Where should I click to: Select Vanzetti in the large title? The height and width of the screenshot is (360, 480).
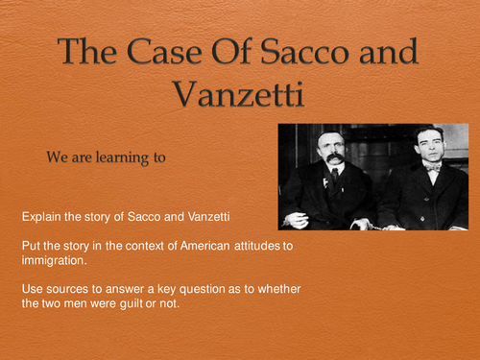(x=240, y=92)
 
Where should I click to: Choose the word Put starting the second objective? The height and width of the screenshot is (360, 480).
(x=30, y=247)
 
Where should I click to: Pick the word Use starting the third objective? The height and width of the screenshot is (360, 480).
(x=32, y=291)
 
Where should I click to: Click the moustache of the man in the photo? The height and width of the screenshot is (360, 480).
(x=332, y=156)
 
